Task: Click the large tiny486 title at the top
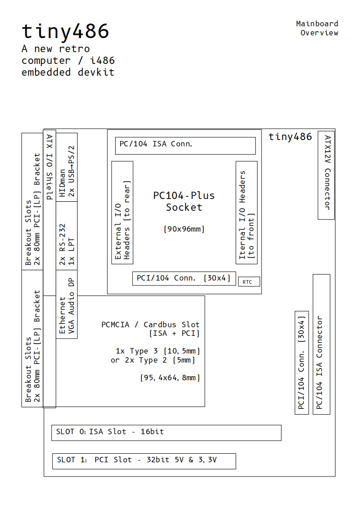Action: pos(65,31)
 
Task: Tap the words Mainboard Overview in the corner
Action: pos(317,28)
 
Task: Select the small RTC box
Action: pos(249,281)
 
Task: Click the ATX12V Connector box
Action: pos(326,175)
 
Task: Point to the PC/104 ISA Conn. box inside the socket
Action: pos(185,145)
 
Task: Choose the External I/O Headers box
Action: pos(122,212)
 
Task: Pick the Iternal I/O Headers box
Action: pos(247,212)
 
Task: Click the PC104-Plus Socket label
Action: pos(184,201)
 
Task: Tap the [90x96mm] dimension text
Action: pos(184,229)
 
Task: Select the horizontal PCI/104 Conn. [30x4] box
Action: pos(184,278)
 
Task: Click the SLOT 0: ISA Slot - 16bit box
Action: pos(166,432)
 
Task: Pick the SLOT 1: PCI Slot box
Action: pos(144,461)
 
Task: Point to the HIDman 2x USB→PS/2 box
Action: pos(66,167)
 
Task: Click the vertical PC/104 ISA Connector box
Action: pos(321,344)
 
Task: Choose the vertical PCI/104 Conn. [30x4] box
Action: pos(302,363)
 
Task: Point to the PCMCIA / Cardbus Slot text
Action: pos(150,325)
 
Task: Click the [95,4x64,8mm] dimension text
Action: pos(170,378)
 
